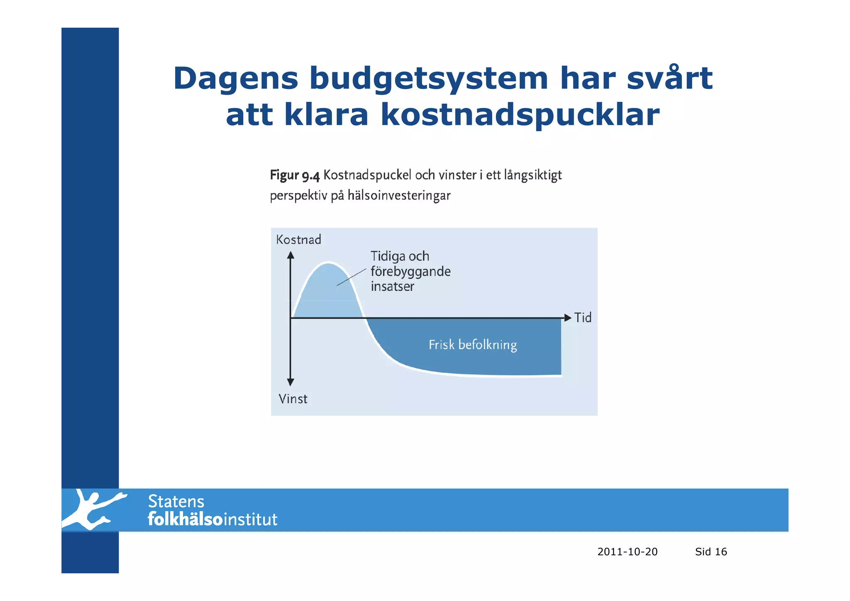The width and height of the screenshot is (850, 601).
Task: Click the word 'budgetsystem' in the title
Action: (428, 79)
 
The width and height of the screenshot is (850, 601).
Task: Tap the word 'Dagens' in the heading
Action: (235, 79)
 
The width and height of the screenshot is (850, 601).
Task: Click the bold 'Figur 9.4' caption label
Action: (294, 176)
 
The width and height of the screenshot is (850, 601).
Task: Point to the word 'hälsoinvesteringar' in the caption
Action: (398, 195)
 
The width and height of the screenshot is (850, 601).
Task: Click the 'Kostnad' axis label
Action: (298, 240)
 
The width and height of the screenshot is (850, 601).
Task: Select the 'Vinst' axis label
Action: (293, 399)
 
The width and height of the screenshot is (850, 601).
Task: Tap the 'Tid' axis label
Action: (583, 318)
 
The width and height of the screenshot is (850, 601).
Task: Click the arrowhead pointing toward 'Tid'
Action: (568, 318)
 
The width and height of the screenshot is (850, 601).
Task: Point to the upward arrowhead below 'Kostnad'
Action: (291, 255)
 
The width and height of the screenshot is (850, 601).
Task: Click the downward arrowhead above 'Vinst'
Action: (291, 382)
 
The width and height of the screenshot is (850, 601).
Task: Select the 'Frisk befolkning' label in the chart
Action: (473, 345)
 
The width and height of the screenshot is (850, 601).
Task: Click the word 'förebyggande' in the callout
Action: (410, 272)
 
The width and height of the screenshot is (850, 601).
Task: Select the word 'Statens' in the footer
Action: (176, 502)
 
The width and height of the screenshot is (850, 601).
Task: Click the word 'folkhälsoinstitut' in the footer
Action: (212, 520)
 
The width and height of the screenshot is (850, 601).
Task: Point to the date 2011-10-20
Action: (627, 552)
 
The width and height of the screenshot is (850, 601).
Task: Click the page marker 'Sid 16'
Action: (711, 552)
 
